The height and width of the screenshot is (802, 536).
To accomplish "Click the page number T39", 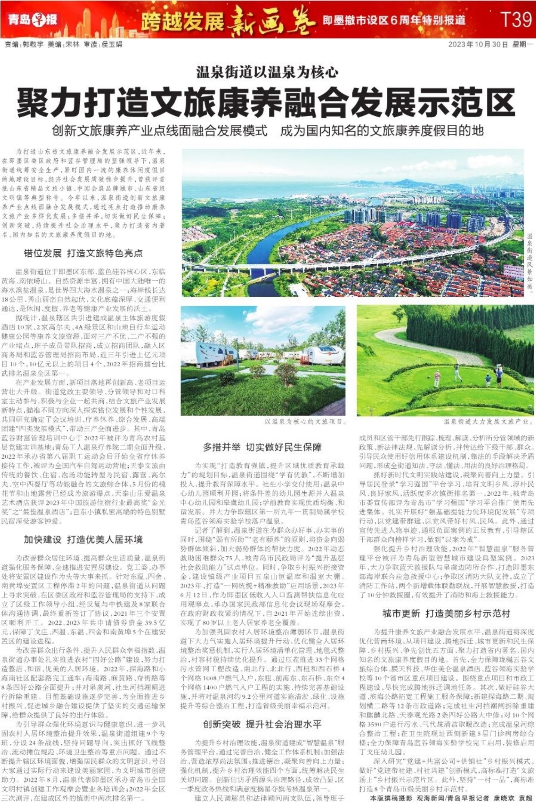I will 516,20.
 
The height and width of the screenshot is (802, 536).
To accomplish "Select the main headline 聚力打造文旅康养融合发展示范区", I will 266,102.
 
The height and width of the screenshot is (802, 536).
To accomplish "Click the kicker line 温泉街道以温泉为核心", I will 267,73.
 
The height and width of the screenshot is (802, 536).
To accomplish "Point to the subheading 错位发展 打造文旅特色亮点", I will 83,254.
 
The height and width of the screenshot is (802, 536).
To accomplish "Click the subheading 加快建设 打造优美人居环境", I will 83,539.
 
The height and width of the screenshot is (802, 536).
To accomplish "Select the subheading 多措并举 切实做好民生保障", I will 262,447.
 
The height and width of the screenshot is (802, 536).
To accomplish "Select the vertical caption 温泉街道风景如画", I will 530,263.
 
